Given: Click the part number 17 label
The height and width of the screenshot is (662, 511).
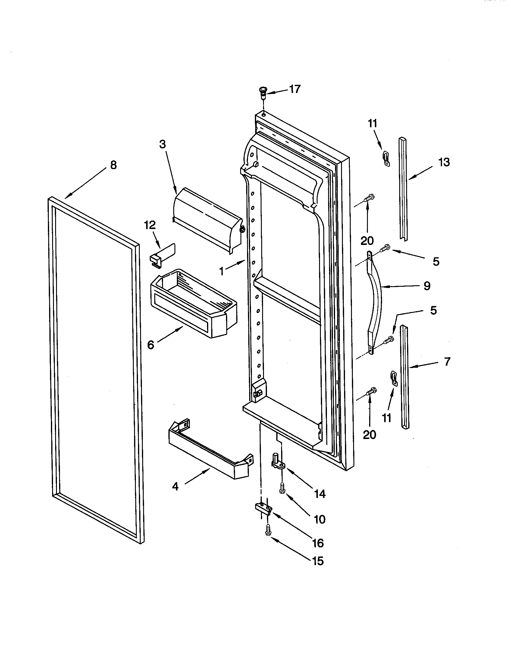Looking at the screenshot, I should pyautogui.click(x=294, y=89).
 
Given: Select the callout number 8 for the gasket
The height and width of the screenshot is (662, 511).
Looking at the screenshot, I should pyautogui.click(x=113, y=165).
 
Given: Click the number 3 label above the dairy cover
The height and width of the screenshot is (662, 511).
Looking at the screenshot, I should pyautogui.click(x=163, y=144).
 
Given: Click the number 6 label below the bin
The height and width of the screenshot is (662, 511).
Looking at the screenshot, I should pyautogui.click(x=151, y=345).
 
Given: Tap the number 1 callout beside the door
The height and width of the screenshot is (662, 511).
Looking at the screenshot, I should pyautogui.click(x=222, y=271).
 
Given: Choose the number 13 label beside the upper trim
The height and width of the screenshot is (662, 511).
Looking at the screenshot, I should pyautogui.click(x=444, y=162).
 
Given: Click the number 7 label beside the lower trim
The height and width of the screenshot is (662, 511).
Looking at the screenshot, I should pyautogui.click(x=447, y=362).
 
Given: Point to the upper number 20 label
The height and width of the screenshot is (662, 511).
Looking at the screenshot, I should pyautogui.click(x=367, y=241).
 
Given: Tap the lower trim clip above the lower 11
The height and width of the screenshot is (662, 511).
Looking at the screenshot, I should pyautogui.click(x=393, y=378).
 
